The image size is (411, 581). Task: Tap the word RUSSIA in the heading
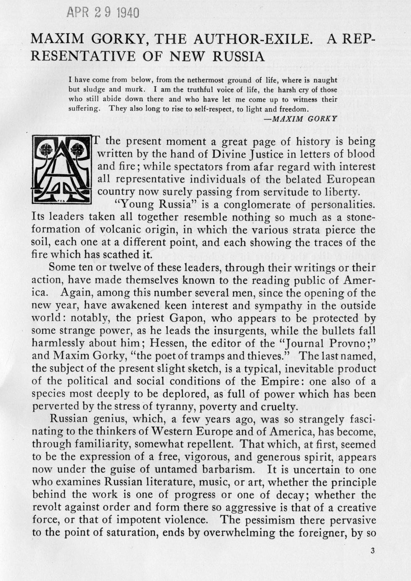(238, 56)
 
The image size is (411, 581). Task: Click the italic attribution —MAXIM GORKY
(301, 118)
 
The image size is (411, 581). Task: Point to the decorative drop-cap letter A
(62, 170)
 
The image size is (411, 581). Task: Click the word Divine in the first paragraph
(231, 154)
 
